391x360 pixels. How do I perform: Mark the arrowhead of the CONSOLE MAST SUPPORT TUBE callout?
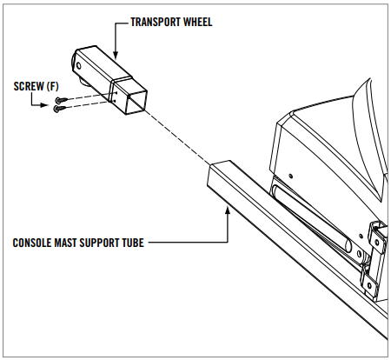pos(228,207)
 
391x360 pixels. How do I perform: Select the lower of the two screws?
pos(60,110)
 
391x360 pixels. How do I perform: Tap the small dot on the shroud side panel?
pos(289,177)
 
